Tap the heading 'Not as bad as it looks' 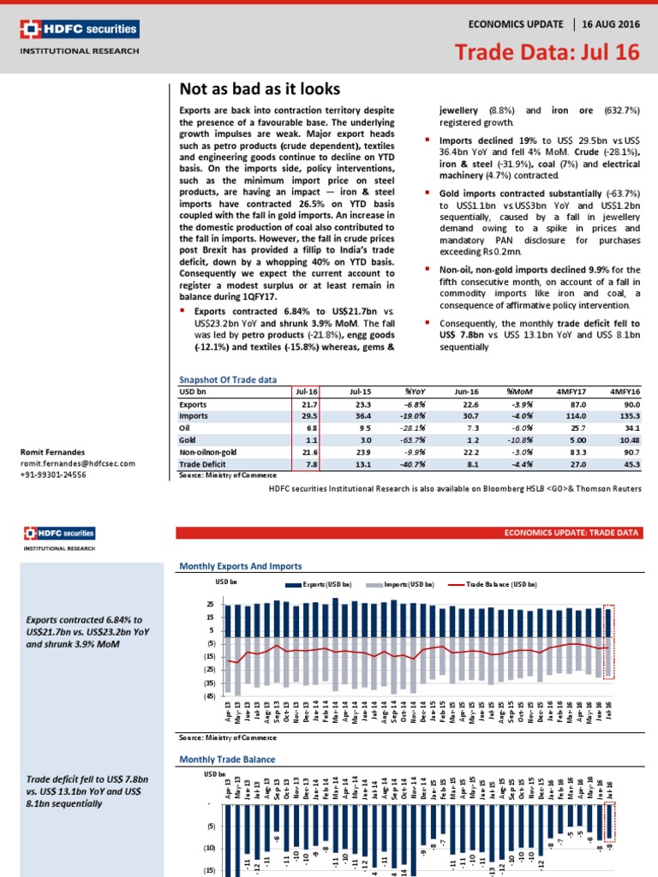(260, 89)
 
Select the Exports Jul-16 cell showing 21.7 (308, 403)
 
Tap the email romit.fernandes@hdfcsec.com (78, 462)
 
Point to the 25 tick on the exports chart (210, 605)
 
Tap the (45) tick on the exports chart (208, 697)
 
